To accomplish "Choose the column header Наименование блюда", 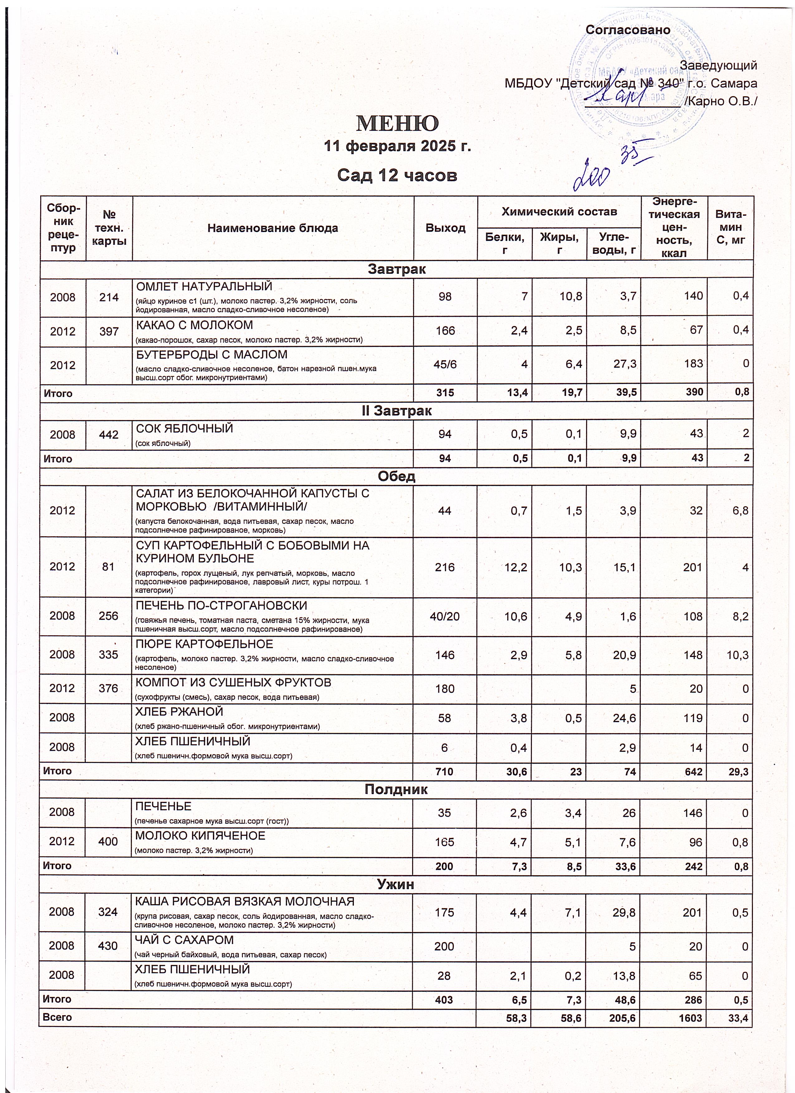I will (272, 228).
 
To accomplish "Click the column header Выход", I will (445, 228).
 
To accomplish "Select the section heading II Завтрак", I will (397, 411).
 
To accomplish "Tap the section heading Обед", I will (397, 477).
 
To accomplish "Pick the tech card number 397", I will (109, 332).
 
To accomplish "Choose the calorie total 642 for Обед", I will (694, 772).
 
